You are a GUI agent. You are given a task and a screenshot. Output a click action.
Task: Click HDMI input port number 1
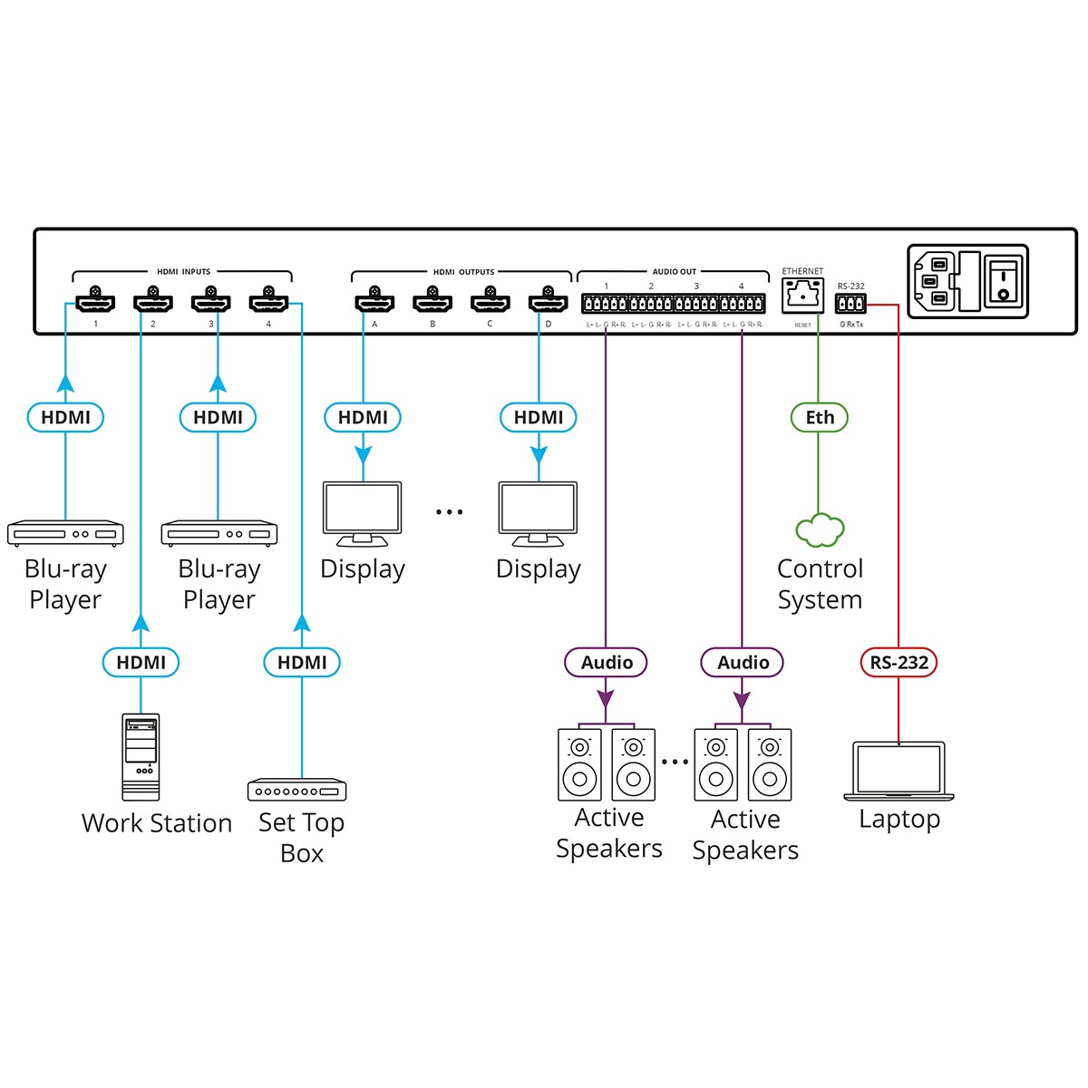(x=95, y=300)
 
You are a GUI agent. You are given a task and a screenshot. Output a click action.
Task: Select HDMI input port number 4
(x=268, y=300)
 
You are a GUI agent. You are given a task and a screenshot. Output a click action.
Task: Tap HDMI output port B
(x=432, y=300)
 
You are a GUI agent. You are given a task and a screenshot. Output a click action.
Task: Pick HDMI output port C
(x=490, y=300)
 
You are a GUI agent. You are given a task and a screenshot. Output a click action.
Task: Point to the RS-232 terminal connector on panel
(x=851, y=305)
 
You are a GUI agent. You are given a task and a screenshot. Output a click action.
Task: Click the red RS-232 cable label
(x=899, y=663)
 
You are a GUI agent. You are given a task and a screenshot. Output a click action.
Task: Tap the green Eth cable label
(x=820, y=417)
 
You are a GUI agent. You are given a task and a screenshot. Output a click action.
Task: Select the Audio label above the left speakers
(x=607, y=663)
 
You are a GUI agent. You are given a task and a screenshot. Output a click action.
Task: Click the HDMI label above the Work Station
(x=141, y=663)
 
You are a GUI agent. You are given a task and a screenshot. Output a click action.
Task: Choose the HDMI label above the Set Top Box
(x=302, y=663)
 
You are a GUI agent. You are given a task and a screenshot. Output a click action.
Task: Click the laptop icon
(x=899, y=771)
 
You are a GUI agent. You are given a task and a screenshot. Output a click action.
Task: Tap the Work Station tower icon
(x=141, y=757)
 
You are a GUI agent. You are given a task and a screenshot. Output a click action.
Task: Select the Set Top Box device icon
(x=297, y=790)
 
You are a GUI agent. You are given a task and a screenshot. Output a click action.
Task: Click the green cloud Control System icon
(x=820, y=530)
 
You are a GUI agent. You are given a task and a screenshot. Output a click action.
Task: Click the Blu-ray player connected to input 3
(x=219, y=533)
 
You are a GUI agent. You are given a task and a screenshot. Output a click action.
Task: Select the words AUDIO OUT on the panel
(x=675, y=272)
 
